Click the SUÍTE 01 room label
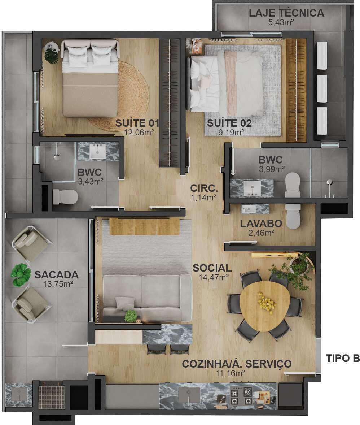point(137,123)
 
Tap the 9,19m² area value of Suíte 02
point(231,132)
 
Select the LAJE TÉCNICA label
point(286,13)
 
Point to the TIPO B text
point(343,358)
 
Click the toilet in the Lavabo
point(293,216)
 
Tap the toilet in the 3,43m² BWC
point(65,197)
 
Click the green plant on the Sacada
point(20,275)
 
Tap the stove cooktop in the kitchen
point(241,396)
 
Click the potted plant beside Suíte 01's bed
point(52,53)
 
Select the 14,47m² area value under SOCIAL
point(214,277)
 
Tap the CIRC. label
point(204,188)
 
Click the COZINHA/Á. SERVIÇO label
point(237,364)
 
